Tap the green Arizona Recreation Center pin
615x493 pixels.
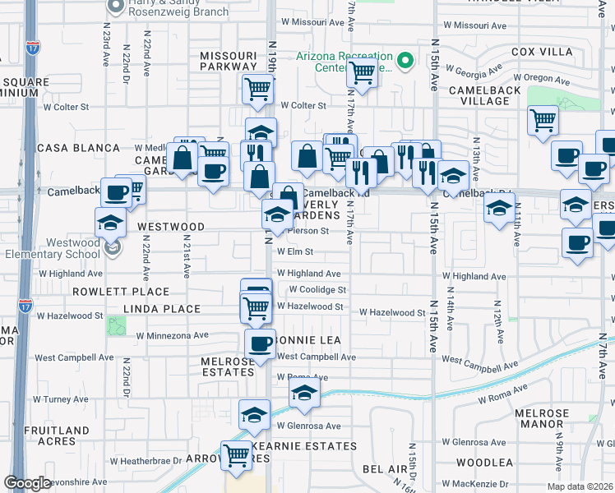[404, 61]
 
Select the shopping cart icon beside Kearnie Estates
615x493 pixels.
[237, 454]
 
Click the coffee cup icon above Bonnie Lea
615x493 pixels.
[261, 343]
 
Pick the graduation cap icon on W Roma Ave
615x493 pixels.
[304, 394]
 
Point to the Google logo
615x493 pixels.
[28, 483]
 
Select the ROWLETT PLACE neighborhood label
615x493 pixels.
[121, 292]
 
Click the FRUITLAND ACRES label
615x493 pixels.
[57, 435]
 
